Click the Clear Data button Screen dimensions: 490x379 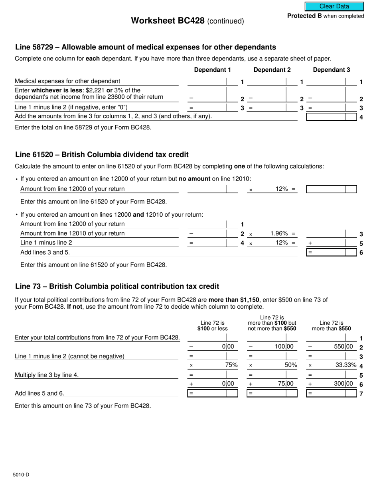point(334,6)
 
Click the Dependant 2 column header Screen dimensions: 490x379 point(272,70)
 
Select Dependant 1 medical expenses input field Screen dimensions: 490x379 point(207,82)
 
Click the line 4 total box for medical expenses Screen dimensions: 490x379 point(331,117)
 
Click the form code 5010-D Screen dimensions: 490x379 point(21,474)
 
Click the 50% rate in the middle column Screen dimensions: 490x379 point(290,365)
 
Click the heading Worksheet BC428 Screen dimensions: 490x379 point(168,21)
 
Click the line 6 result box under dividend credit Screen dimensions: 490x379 point(331,252)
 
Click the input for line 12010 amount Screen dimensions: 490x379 point(207,233)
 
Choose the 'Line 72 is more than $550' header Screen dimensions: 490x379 point(331,325)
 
